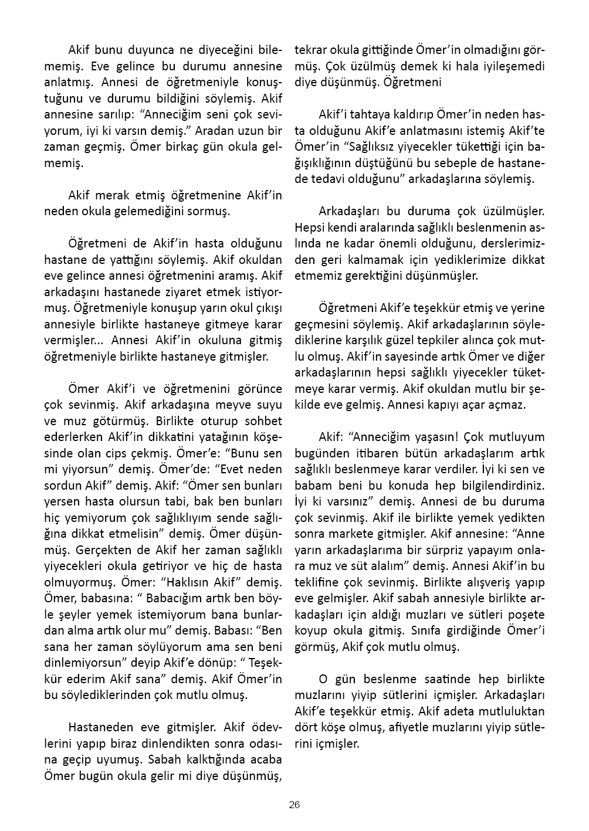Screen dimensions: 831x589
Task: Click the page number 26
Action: coord(294,805)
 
